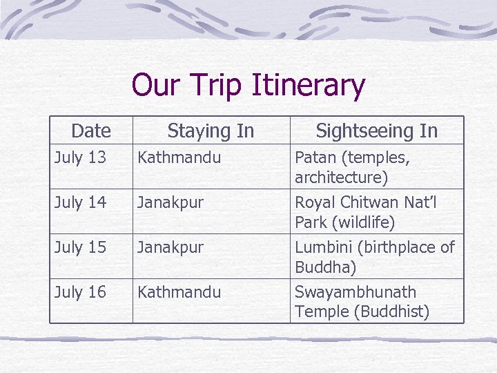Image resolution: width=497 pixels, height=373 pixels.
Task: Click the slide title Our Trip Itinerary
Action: coord(248,86)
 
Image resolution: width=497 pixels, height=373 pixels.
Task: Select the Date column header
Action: coord(90,131)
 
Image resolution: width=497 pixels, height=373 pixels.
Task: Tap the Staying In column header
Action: coord(211,131)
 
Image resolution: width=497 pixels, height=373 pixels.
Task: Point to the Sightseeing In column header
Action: coord(376,131)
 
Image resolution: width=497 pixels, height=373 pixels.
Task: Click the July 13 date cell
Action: coord(80,157)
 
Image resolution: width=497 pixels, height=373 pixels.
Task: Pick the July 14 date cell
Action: coord(80,202)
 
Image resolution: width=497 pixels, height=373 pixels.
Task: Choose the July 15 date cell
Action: coord(80,247)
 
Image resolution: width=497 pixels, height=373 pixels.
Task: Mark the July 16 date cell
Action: coord(80,292)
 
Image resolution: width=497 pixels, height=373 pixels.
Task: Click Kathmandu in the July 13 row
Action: coord(179,157)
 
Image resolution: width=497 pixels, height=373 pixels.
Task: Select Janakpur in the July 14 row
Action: coord(170,202)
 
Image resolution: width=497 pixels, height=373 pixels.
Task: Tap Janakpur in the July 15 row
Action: coord(170,247)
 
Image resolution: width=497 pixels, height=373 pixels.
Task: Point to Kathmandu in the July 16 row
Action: coord(179,292)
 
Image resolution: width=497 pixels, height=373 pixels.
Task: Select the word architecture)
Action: coord(341,178)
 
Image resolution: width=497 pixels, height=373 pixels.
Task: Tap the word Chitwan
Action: coord(371,202)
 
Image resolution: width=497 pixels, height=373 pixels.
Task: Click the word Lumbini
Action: coord(322,247)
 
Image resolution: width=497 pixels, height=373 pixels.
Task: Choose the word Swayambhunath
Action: coord(355,292)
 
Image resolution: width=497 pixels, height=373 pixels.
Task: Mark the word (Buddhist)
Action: coord(391,312)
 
